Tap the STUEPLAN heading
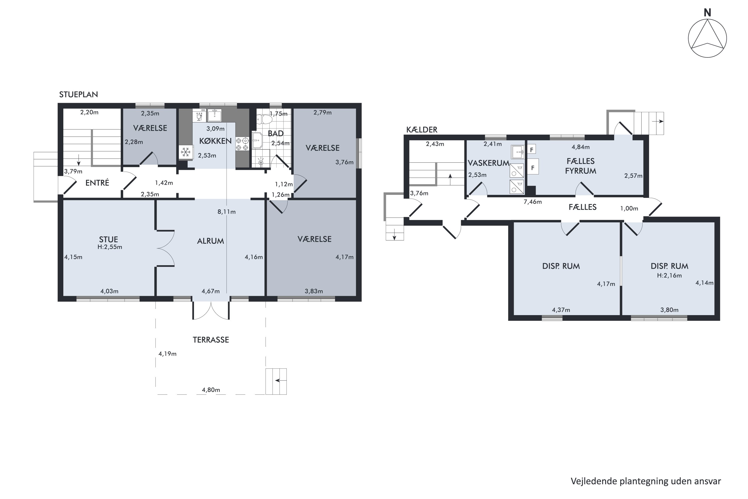79,95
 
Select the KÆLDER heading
422,130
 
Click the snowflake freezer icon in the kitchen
186,152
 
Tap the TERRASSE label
211,340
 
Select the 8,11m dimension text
226,212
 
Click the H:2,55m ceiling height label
110,247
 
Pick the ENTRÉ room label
97,183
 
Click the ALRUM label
210,241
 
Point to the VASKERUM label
488,163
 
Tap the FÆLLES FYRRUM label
581,166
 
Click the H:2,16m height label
669,276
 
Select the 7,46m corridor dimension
533,202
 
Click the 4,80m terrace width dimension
211,390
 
